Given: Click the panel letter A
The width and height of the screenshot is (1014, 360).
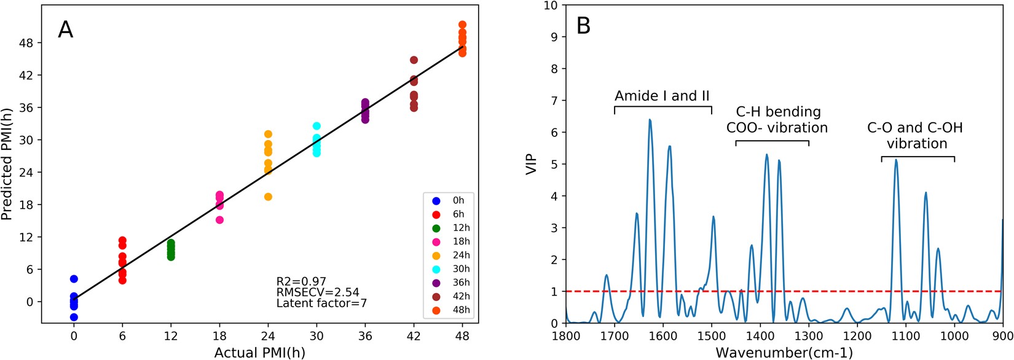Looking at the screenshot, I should [x=66, y=29].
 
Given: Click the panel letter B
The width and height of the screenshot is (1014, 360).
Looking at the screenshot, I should [x=583, y=26].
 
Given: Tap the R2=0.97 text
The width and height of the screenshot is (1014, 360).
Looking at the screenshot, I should [x=301, y=282].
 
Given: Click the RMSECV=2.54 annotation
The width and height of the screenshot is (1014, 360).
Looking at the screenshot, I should [x=317, y=292].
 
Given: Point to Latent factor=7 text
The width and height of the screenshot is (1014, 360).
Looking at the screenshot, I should [x=321, y=303].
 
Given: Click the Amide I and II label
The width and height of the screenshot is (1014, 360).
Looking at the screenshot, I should [x=662, y=96].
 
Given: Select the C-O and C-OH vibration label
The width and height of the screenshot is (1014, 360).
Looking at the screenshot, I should [x=915, y=136].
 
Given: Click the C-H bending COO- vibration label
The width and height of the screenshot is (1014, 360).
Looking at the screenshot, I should [x=777, y=120].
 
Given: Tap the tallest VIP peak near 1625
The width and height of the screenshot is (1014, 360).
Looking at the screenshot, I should [x=650, y=120].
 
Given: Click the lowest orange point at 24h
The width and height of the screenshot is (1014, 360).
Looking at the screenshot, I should [x=268, y=197].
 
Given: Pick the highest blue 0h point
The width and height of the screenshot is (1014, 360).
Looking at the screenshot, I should [x=74, y=279].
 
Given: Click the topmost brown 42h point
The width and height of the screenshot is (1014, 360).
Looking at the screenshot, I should [x=414, y=60].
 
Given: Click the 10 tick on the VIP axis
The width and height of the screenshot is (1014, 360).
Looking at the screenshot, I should [x=551, y=6].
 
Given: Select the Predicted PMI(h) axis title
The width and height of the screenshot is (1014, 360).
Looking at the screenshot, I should [x=7, y=164].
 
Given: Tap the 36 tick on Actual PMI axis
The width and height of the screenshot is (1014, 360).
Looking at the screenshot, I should [x=365, y=337].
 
